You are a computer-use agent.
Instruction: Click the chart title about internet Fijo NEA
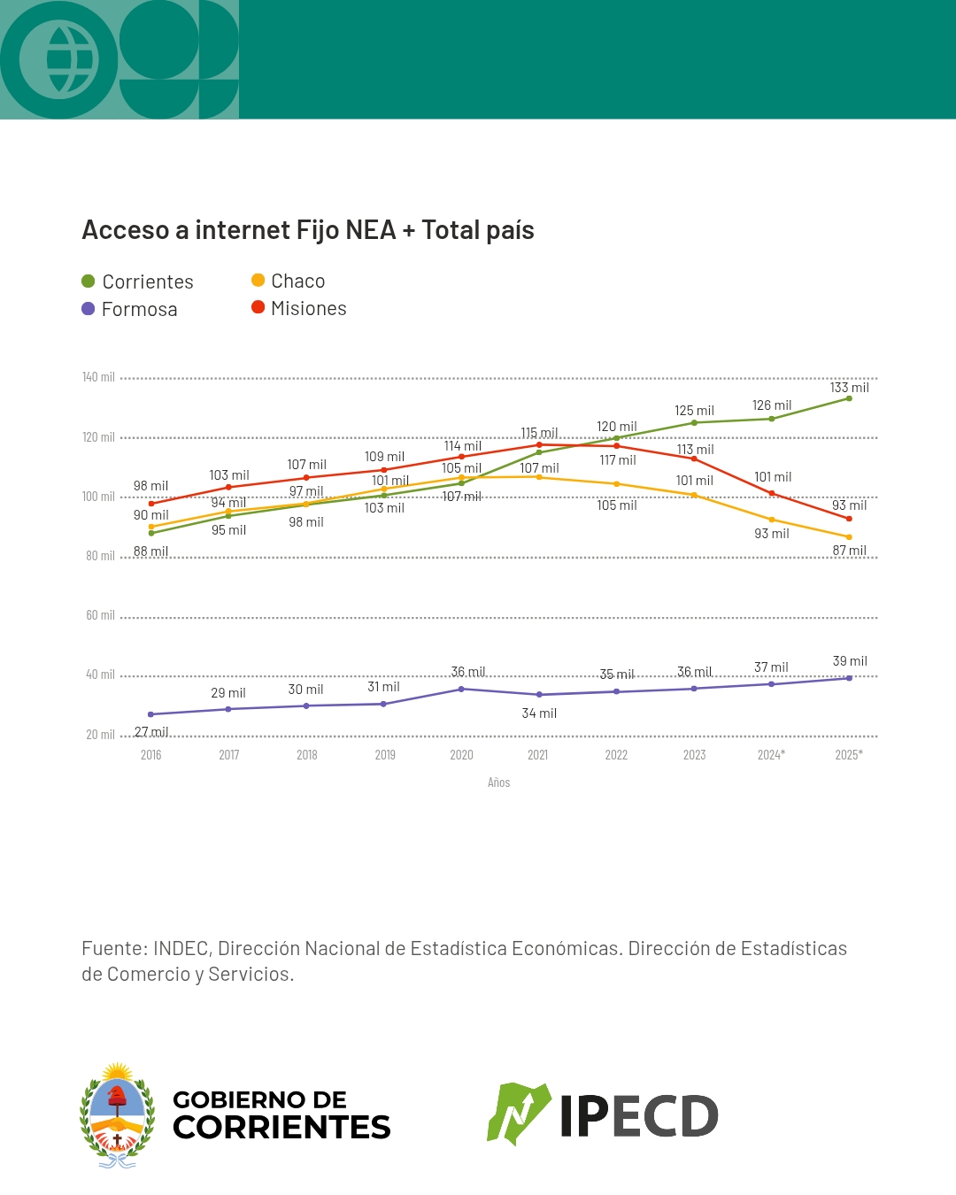308,230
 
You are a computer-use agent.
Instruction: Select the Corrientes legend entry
137,281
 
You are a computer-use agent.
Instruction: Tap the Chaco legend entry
289,281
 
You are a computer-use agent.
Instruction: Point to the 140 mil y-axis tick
98,377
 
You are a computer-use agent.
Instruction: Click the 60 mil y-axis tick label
100,615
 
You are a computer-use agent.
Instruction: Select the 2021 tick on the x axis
538,755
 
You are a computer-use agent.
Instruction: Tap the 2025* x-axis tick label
849,755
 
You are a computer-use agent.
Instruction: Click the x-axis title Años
498,783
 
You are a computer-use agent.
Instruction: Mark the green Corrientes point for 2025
849,398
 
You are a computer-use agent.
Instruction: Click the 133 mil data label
850,388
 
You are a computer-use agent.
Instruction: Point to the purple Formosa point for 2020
461,689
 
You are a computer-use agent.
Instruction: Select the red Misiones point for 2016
151,504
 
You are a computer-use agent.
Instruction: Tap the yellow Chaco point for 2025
849,537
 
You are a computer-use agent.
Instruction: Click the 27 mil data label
151,732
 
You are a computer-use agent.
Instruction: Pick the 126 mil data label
772,405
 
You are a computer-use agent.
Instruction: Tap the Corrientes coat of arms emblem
118,1115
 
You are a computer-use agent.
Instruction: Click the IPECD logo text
638,1116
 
